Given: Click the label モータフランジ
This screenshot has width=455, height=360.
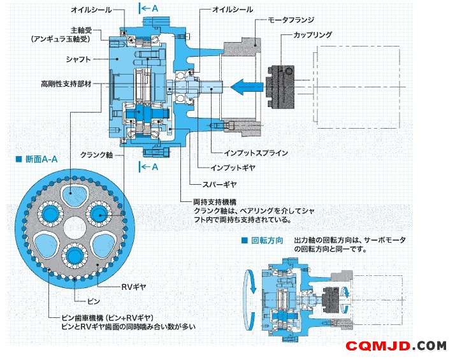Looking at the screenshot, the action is click(291, 20).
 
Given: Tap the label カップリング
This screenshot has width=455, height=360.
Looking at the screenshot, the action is click(312, 35).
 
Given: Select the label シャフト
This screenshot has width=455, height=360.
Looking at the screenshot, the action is click(78, 59).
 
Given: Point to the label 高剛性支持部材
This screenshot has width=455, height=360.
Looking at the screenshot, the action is click(66, 84).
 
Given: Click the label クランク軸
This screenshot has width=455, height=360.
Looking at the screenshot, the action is click(97, 155).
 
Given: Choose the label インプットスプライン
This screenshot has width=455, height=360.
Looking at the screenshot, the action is click(256, 153).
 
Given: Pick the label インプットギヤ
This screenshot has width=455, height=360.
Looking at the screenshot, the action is click(233, 168).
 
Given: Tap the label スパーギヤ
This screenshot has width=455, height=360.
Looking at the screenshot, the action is click(219, 184).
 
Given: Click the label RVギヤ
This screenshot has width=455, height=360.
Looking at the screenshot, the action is click(133, 287).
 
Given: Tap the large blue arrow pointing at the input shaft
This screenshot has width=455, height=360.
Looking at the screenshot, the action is click(247, 87).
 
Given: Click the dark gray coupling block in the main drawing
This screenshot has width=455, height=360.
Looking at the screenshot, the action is click(281, 87).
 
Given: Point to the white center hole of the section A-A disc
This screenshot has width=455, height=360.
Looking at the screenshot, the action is click(75, 227).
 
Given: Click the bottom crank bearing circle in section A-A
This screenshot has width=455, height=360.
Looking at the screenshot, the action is click(75, 256).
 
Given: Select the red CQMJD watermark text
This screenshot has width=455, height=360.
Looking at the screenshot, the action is click(378, 346).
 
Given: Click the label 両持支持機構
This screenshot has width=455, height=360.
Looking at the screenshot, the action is click(215, 201).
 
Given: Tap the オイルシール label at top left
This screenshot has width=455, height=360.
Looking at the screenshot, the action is click(91, 10).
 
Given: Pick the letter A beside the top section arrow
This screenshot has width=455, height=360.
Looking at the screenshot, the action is click(155, 8).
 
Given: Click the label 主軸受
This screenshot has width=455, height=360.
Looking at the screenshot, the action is click(82, 30).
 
